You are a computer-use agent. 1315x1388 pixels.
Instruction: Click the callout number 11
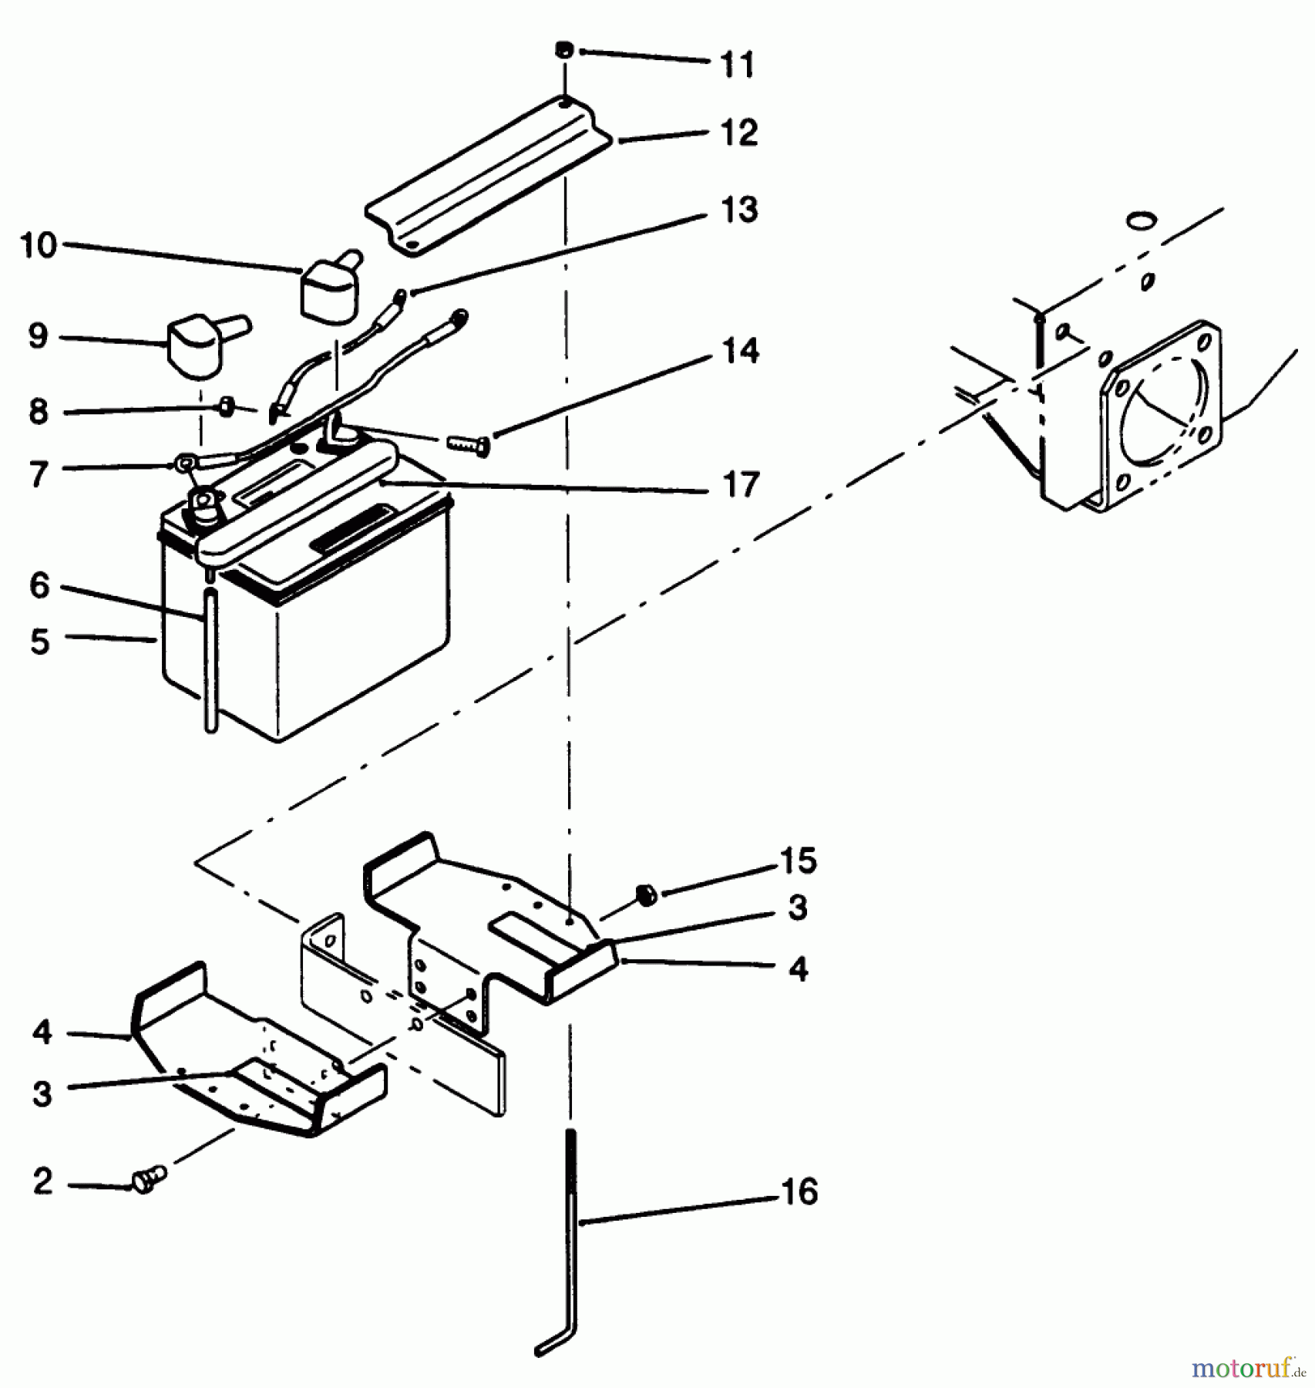[x=737, y=64]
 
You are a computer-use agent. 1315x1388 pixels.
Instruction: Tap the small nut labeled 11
[x=563, y=49]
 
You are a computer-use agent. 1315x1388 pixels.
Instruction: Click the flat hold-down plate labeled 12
[x=489, y=175]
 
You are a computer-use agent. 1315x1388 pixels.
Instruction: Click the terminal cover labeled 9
[x=197, y=347]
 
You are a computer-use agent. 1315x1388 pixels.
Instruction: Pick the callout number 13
[x=738, y=209]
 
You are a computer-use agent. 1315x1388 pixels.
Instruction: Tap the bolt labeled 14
[x=467, y=446]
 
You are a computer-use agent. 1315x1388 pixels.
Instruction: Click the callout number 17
[x=740, y=484]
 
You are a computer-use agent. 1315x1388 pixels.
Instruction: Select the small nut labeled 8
[x=227, y=407]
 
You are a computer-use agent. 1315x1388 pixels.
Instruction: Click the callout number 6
[x=39, y=585]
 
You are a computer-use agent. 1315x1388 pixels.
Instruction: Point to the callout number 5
[x=39, y=641]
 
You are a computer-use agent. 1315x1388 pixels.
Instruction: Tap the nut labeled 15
[x=646, y=895]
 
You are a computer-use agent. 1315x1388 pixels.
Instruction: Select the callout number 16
[x=799, y=1191]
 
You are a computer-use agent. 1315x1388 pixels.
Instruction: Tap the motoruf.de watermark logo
[x=1249, y=1368]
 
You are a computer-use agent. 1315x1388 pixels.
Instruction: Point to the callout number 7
[x=39, y=473]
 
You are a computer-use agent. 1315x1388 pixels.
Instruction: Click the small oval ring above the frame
[x=1142, y=221]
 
